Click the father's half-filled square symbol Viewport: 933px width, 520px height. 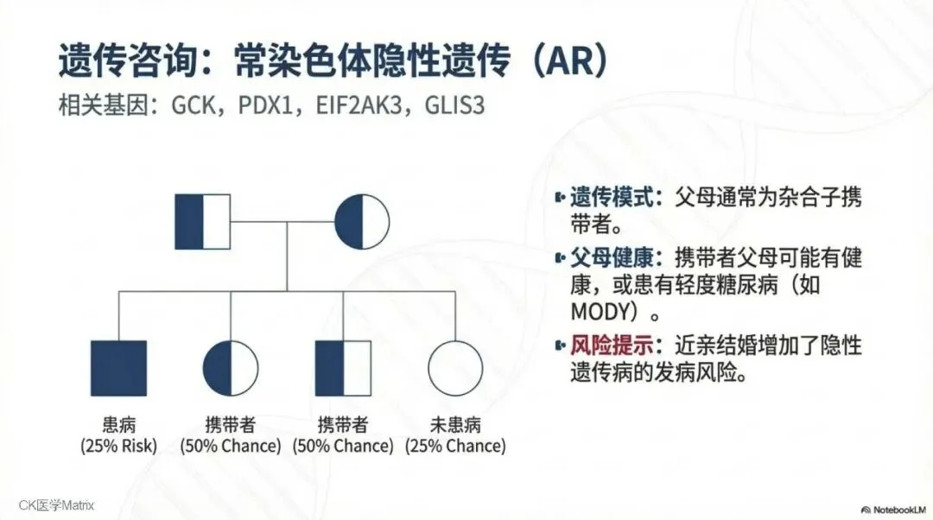(x=203, y=222)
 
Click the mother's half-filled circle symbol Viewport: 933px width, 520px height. (x=361, y=222)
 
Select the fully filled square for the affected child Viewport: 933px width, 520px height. (x=118, y=368)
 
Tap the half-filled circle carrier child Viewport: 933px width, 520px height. (x=231, y=368)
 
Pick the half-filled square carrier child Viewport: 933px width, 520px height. (x=343, y=368)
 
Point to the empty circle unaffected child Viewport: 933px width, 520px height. (x=455, y=368)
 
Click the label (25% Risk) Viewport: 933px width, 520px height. (x=118, y=447)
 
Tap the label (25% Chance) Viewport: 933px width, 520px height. (x=455, y=447)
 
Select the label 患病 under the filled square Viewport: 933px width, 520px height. (x=118, y=425)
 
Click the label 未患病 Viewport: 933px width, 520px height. (x=455, y=425)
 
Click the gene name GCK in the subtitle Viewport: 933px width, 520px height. (x=192, y=106)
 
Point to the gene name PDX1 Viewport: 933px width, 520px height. (x=265, y=106)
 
